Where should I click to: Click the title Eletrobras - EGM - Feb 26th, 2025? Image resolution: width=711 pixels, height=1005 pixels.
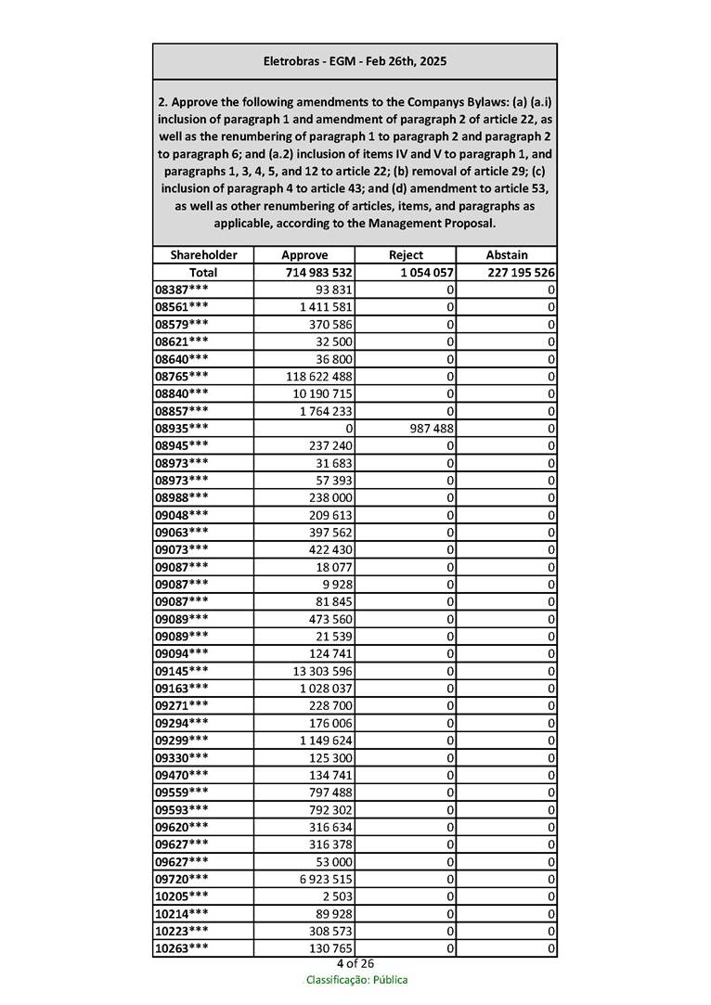click(x=355, y=61)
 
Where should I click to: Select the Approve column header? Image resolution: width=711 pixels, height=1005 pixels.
click(x=304, y=254)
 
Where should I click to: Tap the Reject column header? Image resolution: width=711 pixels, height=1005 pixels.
click(x=406, y=254)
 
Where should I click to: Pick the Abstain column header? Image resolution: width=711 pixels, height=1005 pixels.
click(x=507, y=254)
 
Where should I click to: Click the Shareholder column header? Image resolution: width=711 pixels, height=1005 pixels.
click(x=203, y=254)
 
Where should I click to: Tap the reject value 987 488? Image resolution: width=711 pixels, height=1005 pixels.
click(x=429, y=429)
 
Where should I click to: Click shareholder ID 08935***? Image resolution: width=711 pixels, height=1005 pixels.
click(x=182, y=429)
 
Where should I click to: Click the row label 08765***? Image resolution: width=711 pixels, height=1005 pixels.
click(x=182, y=377)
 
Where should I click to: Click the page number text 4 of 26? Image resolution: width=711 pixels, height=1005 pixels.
click(x=355, y=963)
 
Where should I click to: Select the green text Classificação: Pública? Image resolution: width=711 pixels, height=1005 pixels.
click(x=356, y=980)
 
